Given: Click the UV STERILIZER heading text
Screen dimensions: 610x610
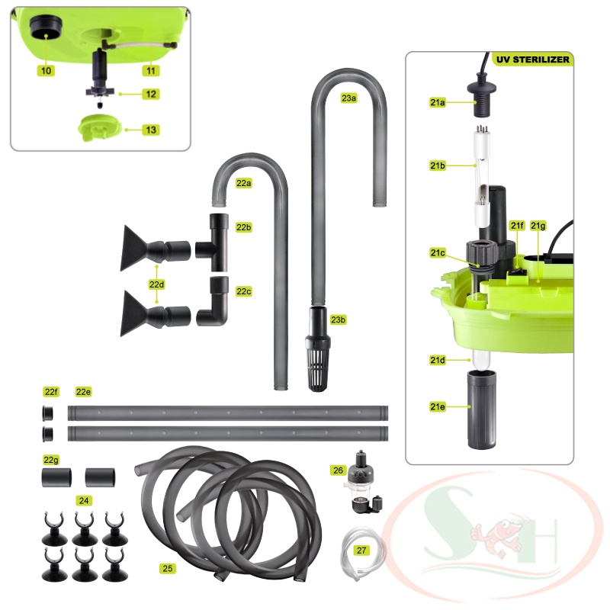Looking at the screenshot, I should coord(532,59).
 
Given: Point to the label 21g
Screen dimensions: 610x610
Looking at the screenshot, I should coord(538,226).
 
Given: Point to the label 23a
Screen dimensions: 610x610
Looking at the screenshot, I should coord(348,98).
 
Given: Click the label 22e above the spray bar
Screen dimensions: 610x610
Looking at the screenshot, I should coord(83,391).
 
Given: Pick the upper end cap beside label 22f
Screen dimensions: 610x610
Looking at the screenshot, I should coord(48,413).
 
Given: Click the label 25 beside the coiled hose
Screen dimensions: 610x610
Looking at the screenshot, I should coord(168,568).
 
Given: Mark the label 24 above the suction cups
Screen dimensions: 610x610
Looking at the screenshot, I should coord(83,500).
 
